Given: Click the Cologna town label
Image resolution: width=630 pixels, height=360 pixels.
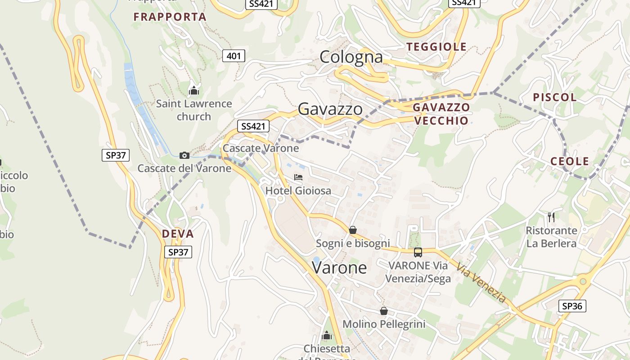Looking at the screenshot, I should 351,57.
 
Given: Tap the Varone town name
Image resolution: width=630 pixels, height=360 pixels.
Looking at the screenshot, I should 339,268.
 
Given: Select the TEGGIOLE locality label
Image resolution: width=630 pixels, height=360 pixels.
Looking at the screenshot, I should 436,47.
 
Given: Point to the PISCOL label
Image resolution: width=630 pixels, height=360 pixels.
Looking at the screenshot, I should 555,97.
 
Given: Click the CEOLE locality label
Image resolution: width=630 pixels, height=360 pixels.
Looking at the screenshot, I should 570,161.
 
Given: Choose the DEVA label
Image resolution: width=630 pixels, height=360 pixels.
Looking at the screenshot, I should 178,234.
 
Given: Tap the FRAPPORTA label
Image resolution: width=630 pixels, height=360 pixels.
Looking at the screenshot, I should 170,17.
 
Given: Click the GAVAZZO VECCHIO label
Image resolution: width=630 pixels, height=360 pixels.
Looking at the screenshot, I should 441,114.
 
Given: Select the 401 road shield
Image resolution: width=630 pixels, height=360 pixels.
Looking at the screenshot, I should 234,56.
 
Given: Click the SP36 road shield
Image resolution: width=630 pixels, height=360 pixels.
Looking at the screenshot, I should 572,306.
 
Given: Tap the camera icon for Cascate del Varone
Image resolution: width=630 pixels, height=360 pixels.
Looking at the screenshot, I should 184,156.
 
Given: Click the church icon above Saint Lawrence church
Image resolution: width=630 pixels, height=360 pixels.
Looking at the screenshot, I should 194,91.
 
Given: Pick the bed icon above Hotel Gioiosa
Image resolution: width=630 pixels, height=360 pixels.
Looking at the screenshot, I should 298,177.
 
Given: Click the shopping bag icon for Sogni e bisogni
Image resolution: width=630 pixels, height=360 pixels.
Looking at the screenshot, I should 353,230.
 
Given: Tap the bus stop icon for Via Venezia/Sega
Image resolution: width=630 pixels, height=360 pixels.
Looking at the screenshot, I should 418,252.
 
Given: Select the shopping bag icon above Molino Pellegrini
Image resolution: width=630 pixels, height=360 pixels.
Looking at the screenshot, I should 384,311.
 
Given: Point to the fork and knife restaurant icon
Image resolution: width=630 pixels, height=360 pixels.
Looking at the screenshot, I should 551,217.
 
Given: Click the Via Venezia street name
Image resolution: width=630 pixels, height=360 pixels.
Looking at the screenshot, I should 481,283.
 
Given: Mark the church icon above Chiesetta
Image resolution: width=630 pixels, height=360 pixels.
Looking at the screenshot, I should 327,335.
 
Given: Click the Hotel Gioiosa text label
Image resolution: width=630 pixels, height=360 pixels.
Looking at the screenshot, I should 298,191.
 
